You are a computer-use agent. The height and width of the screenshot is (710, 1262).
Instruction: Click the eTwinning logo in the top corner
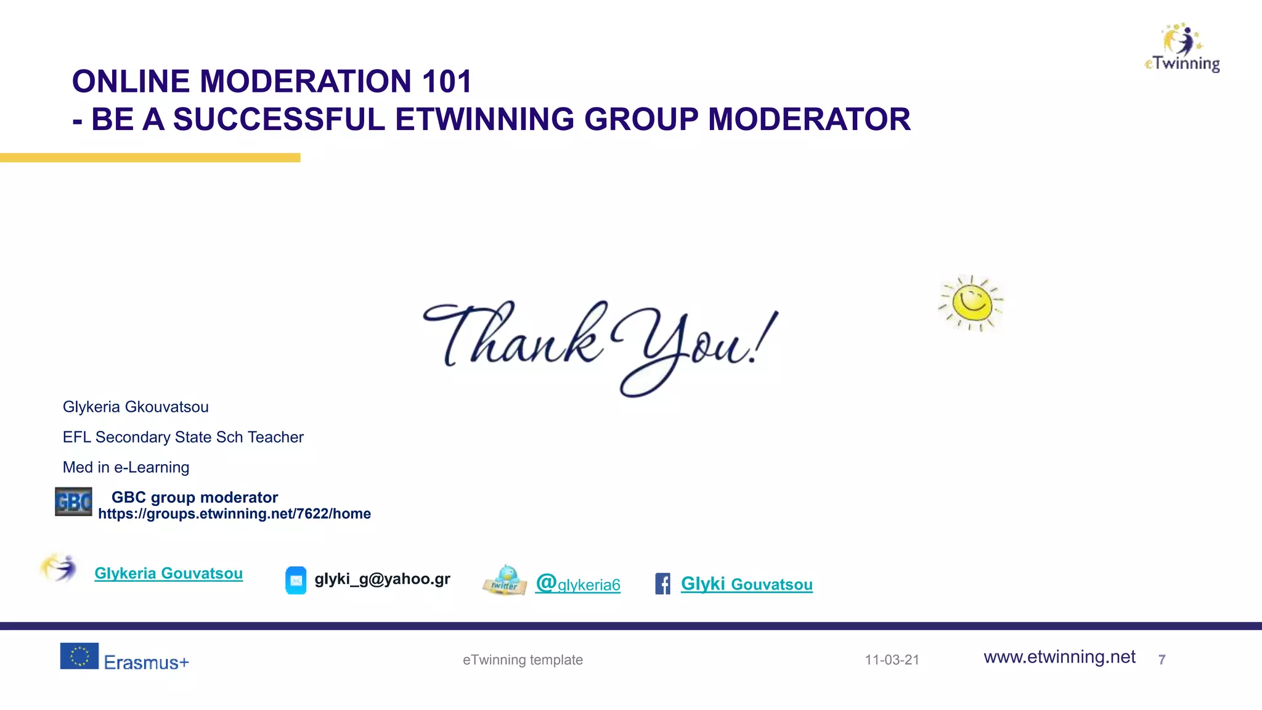pyautogui.click(x=1183, y=48)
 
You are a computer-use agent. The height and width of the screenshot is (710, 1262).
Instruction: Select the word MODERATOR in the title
pyautogui.click(x=809, y=120)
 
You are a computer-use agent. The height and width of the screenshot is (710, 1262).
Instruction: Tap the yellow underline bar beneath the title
pyautogui.click(x=150, y=158)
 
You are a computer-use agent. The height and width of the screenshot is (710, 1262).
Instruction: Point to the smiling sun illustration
pyautogui.click(x=971, y=303)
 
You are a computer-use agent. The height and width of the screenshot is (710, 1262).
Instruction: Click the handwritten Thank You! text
pyautogui.click(x=601, y=345)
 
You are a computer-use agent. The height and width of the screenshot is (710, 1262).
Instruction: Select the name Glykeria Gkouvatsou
pyautogui.click(x=136, y=407)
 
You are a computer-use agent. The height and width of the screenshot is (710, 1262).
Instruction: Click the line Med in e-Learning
pyautogui.click(x=126, y=467)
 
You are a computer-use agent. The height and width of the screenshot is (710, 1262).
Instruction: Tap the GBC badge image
pyautogui.click(x=73, y=502)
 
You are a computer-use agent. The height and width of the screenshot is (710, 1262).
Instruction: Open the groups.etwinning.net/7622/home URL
pyautogui.click(x=234, y=514)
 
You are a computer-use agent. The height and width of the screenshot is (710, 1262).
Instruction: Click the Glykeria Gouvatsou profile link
pyautogui.click(x=168, y=573)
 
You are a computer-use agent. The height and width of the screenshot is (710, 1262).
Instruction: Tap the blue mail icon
pyautogui.click(x=296, y=580)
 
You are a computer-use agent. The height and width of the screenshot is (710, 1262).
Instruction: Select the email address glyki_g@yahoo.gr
pyautogui.click(x=382, y=579)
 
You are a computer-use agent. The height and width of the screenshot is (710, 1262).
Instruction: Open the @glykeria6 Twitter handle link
pyautogui.click(x=578, y=584)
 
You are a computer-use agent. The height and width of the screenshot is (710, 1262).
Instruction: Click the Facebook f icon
pyautogui.click(x=662, y=584)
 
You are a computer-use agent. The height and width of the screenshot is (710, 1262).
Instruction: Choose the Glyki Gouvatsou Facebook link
pyautogui.click(x=746, y=584)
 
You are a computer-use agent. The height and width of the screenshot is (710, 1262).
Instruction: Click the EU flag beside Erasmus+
pyautogui.click(x=79, y=656)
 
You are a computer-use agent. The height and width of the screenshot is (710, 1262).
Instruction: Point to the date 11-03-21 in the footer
pyautogui.click(x=892, y=660)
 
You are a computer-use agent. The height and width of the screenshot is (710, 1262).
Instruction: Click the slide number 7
pyautogui.click(x=1162, y=660)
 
